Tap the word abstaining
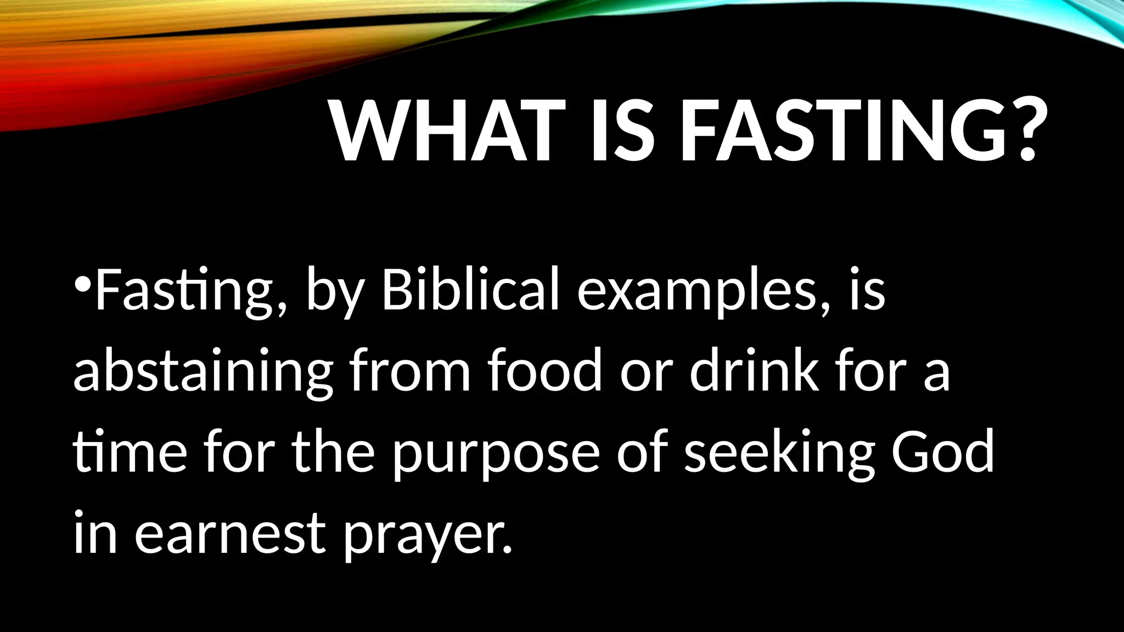(203, 373)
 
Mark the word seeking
(779, 455)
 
